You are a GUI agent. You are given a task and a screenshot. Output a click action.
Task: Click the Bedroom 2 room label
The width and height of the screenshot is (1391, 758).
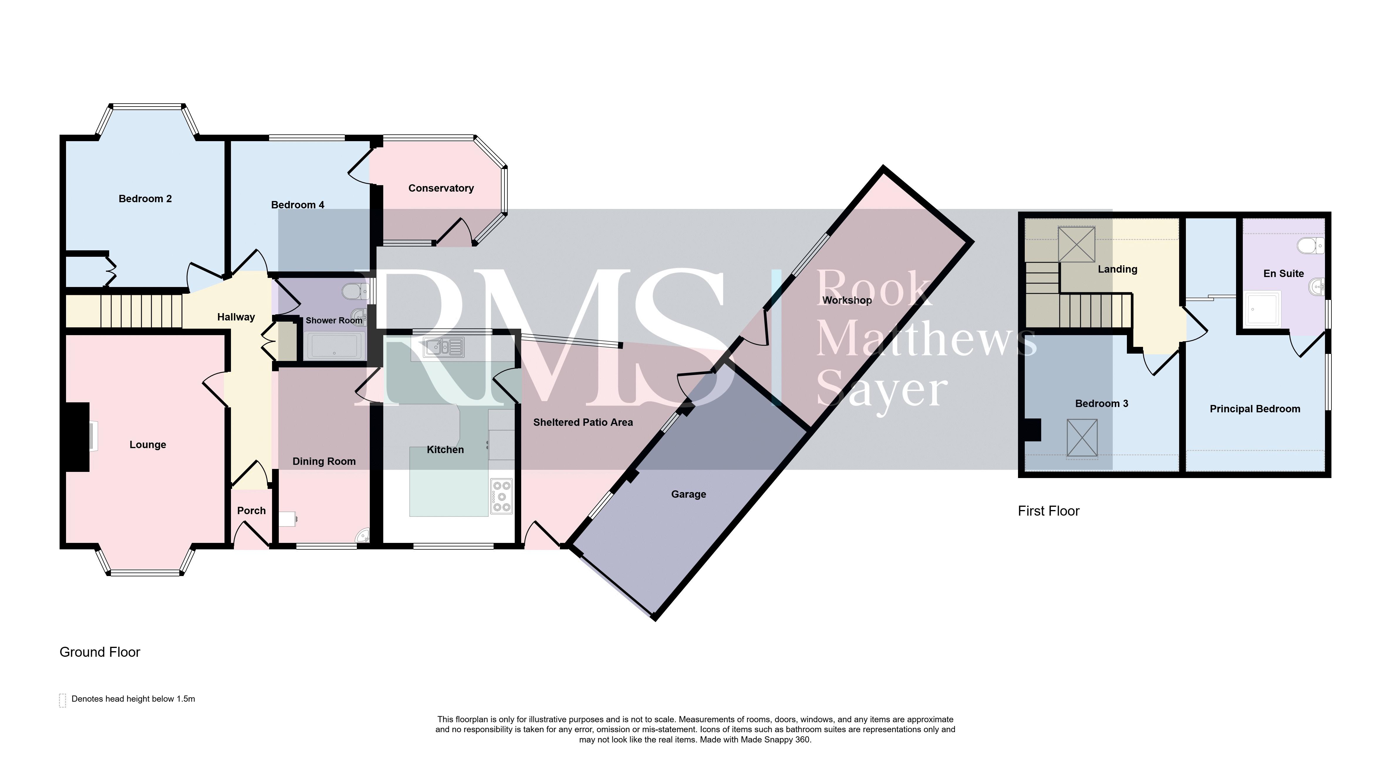pyautogui.click(x=145, y=199)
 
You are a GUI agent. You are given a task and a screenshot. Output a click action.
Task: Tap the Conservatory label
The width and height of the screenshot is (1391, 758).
pyautogui.click(x=441, y=188)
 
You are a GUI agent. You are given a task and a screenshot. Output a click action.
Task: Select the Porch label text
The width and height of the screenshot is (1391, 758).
pyautogui.click(x=251, y=510)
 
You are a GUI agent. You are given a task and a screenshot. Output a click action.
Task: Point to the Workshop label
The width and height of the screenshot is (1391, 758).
pyautogui.click(x=847, y=300)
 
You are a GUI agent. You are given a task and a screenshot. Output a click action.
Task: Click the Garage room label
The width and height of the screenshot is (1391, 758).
pyautogui.click(x=688, y=494)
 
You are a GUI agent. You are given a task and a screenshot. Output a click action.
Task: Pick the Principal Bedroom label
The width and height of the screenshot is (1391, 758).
pyautogui.click(x=1255, y=409)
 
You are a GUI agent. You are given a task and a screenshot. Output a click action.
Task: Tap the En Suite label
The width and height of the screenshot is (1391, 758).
pyautogui.click(x=1284, y=273)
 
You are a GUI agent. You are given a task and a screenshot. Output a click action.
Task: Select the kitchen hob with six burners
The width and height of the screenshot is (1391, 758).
pyautogui.click(x=502, y=496)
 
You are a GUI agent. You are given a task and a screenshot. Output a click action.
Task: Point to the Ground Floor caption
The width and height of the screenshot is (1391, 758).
pyautogui.click(x=100, y=652)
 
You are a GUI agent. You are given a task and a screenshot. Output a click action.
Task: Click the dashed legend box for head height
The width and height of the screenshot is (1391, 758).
pyautogui.click(x=63, y=700)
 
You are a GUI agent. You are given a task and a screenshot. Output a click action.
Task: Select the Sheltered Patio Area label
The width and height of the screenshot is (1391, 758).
pyautogui.click(x=583, y=422)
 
